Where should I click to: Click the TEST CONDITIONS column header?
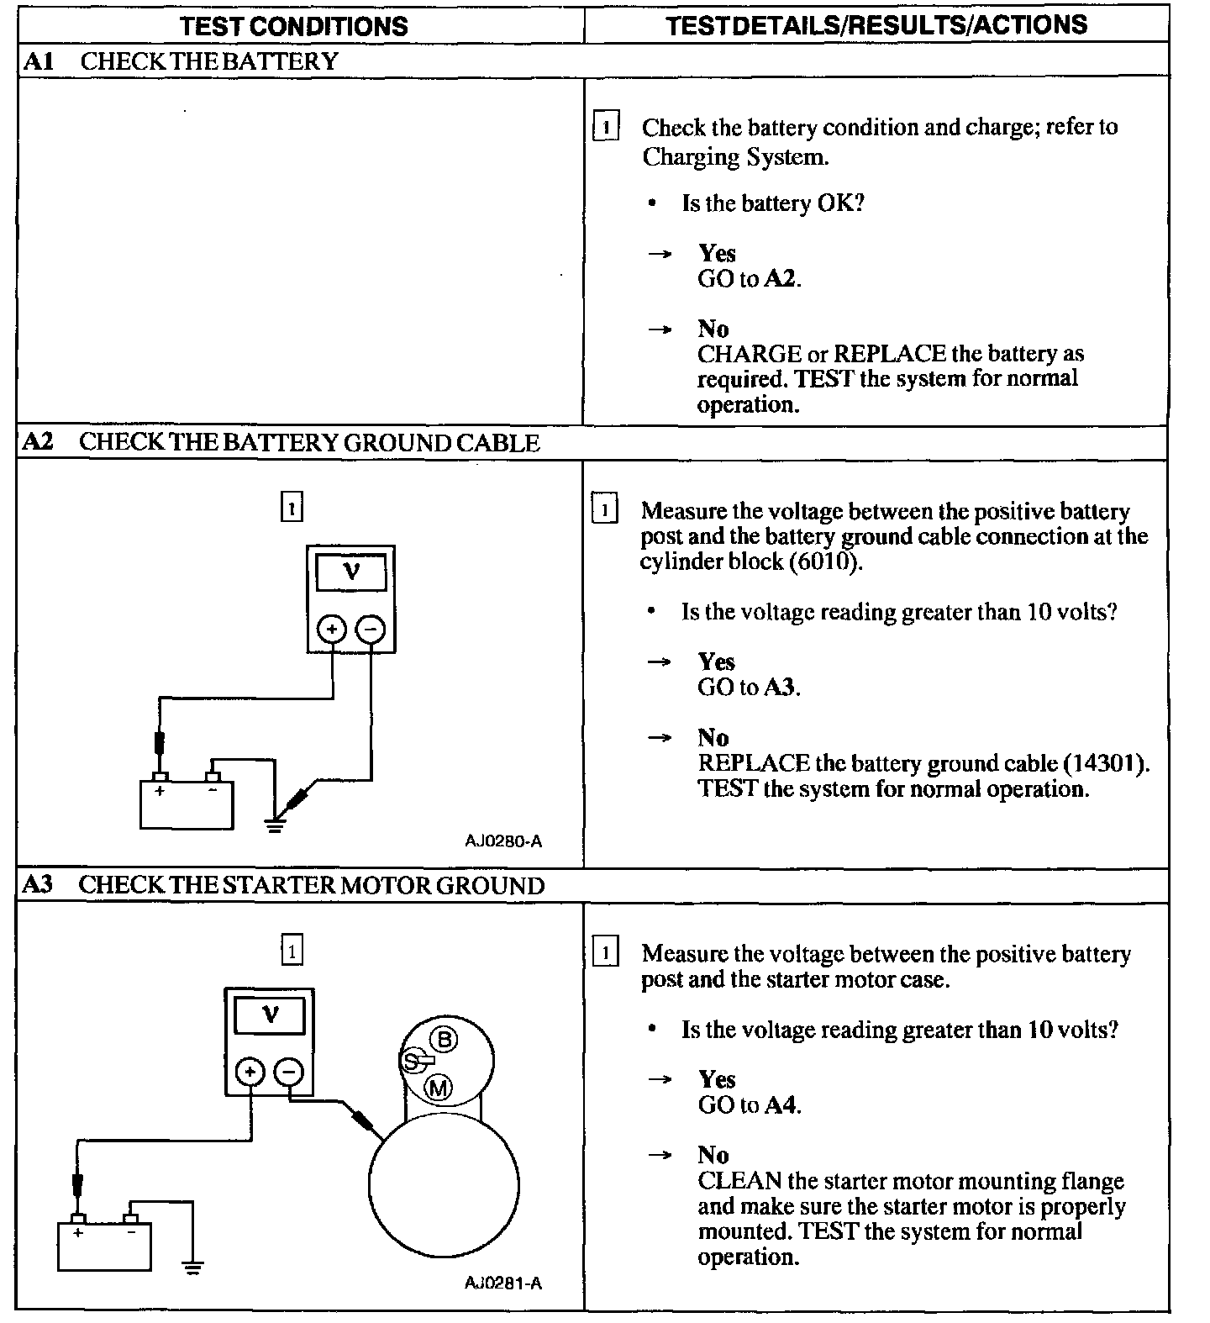click(293, 25)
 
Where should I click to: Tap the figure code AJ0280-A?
click(504, 841)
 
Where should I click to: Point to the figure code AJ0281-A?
click(503, 1283)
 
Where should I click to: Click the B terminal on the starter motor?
click(445, 1040)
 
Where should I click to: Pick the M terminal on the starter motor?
click(439, 1088)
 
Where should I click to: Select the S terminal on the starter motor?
click(411, 1062)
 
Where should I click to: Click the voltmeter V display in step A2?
click(351, 572)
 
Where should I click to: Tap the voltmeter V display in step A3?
click(270, 1015)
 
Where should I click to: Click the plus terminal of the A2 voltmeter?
click(332, 629)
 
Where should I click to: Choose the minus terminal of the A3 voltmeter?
click(289, 1071)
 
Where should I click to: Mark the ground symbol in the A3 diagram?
click(193, 1268)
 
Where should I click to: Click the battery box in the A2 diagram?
click(186, 805)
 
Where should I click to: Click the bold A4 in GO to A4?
click(781, 1104)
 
